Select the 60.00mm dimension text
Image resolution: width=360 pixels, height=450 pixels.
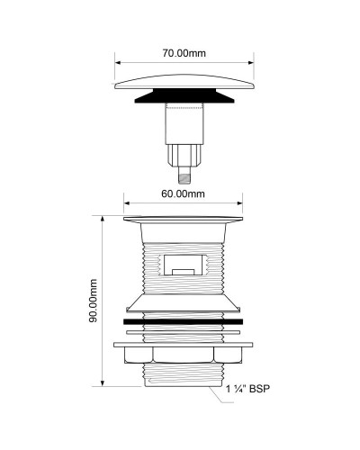182,193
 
